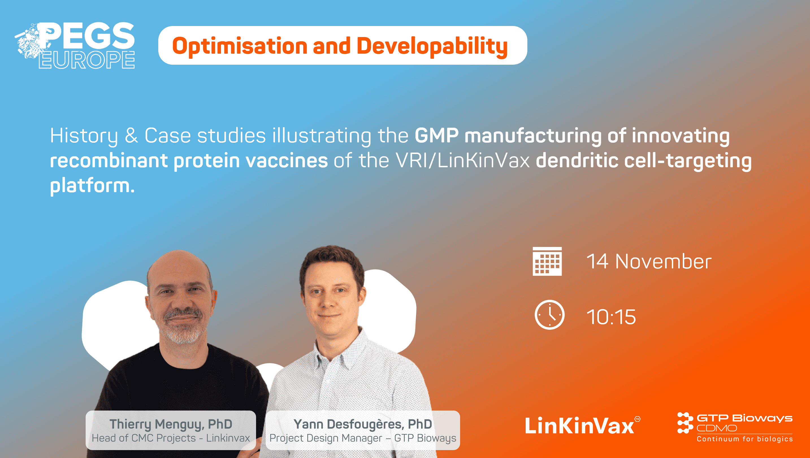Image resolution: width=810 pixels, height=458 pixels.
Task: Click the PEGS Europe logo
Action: click(75, 45)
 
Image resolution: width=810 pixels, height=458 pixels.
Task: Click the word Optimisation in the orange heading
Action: click(239, 46)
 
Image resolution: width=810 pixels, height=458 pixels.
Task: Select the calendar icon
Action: click(547, 261)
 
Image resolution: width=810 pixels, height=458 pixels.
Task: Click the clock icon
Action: click(549, 314)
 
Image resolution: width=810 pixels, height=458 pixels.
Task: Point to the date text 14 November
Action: click(649, 261)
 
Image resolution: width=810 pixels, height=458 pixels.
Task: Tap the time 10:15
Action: click(611, 316)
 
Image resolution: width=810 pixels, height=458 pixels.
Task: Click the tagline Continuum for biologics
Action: click(744, 439)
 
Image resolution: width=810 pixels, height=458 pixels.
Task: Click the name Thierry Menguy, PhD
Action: click(170, 424)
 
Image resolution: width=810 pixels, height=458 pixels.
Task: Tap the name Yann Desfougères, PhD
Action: click(362, 424)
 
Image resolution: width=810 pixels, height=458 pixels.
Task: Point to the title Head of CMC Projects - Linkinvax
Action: click(170, 438)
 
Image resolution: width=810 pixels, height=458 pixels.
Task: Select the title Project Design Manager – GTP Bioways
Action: click(362, 438)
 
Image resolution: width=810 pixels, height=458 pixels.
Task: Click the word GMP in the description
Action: click(437, 136)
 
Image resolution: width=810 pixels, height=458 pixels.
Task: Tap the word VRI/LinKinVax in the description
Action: click(463, 160)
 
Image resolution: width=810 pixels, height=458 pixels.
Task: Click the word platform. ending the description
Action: click(92, 185)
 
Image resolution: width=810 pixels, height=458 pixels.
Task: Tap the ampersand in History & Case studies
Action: click(131, 136)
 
